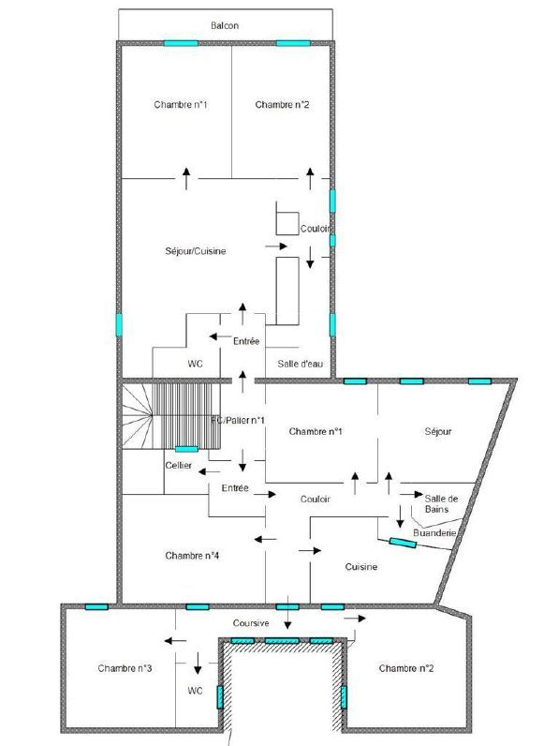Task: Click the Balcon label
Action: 225,25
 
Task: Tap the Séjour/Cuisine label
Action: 196,251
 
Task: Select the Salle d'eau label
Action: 300,364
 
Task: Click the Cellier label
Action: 178,465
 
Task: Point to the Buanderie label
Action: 434,533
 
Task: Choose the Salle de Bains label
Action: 441,504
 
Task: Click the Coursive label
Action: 251,623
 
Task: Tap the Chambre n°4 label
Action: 192,555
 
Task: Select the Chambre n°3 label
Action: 125,668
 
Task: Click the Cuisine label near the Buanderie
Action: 360,567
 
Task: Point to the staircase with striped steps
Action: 186,416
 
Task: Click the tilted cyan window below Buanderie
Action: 403,543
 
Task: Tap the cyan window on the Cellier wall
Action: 186,449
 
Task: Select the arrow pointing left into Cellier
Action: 209,471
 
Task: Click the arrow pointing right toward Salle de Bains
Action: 411,494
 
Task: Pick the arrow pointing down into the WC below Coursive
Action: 198,664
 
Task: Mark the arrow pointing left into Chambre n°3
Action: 175,641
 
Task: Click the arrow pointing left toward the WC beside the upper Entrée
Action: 221,336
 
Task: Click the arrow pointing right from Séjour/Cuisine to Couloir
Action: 276,246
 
